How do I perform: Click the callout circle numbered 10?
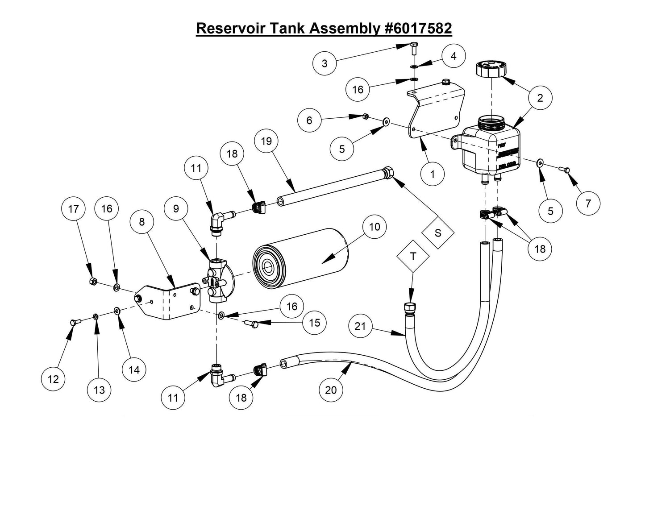(x=375, y=227)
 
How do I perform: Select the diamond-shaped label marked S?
(x=437, y=233)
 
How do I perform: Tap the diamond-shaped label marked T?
(x=413, y=256)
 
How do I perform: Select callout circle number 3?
(x=325, y=63)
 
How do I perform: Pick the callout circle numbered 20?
(x=331, y=390)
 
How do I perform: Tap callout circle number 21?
(x=360, y=327)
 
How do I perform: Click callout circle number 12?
(x=53, y=379)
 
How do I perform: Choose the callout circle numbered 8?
(x=142, y=222)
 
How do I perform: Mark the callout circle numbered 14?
(x=134, y=369)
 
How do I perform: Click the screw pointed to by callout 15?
(x=251, y=323)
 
